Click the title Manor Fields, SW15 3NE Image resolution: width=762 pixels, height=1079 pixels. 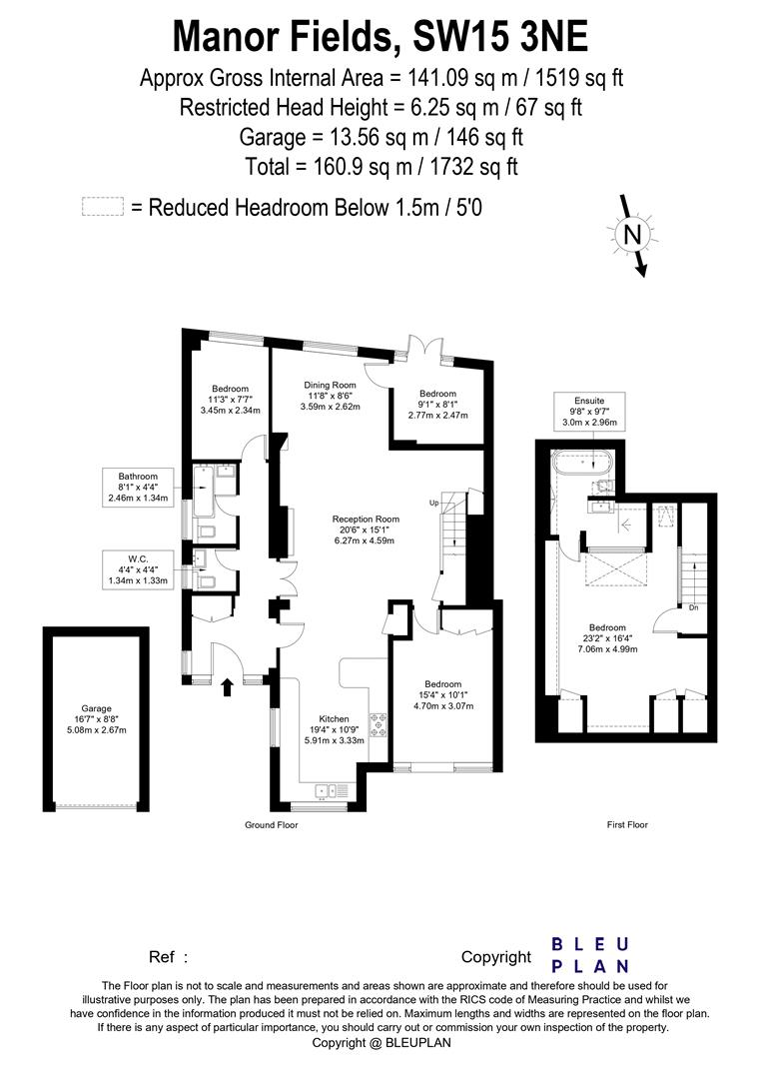click(381, 36)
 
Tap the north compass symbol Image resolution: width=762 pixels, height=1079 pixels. click(631, 236)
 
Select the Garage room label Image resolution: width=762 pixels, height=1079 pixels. click(97, 719)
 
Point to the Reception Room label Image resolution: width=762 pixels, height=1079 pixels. click(366, 530)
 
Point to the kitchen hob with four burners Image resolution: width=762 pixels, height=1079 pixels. click(380, 721)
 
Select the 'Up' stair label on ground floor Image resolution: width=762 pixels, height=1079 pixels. click(434, 502)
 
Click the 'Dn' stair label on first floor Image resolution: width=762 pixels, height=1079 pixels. click(692, 606)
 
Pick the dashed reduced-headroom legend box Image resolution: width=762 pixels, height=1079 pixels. click(102, 207)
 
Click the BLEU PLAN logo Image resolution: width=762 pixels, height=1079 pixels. click(590, 955)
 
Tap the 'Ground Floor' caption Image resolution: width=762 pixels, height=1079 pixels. click(272, 825)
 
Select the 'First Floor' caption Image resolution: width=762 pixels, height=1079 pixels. click(627, 825)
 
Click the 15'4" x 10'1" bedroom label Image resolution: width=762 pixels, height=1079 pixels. click(440, 695)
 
